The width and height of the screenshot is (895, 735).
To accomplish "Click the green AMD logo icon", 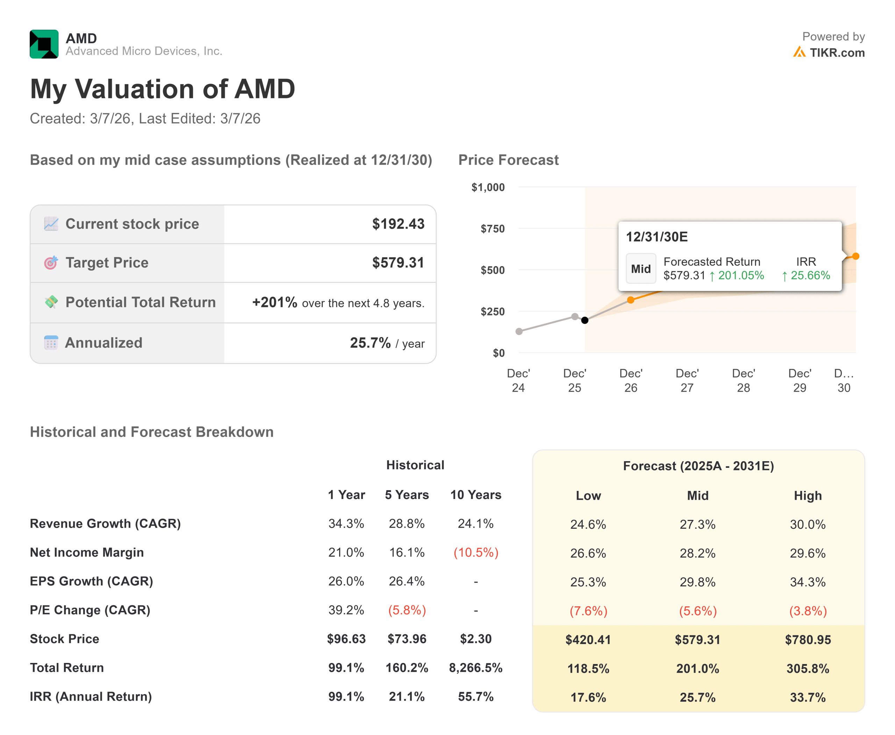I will pyautogui.click(x=44, y=44).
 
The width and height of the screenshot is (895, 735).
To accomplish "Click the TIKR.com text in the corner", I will pyautogui.click(x=837, y=53).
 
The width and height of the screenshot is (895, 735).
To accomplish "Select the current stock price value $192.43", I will pyautogui.click(x=398, y=224).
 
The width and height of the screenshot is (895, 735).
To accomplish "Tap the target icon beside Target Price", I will pyautogui.click(x=51, y=263).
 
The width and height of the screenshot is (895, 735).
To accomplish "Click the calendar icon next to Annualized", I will pyautogui.click(x=51, y=343).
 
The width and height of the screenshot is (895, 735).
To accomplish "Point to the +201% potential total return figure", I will pyautogui.click(x=274, y=302).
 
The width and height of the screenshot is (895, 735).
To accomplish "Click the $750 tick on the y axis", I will pyautogui.click(x=492, y=229).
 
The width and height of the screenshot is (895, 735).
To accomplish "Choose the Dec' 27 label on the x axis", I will pyautogui.click(x=687, y=380).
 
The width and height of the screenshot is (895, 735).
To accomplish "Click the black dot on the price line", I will pyautogui.click(x=585, y=320).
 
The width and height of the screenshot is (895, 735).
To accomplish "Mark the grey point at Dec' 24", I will pyautogui.click(x=519, y=331).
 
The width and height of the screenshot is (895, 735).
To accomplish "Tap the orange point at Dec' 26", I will pyautogui.click(x=631, y=300).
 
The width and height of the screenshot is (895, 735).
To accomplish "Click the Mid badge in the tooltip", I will pyautogui.click(x=640, y=269).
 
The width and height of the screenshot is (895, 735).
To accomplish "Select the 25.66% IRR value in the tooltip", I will pyautogui.click(x=810, y=275).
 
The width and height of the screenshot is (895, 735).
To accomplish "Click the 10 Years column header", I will pyautogui.click(x=475, y=494).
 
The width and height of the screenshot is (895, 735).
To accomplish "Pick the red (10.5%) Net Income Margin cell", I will pyautogui.click(x=476, y=552).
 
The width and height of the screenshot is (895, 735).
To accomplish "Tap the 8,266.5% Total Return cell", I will pyautogui.click(x=475, y=668).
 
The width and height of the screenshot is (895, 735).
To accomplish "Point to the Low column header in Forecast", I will pyautogui.click(x=588, y=495).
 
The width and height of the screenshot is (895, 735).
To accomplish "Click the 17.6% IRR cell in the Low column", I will pyautogui.click(x=588, y=697).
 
